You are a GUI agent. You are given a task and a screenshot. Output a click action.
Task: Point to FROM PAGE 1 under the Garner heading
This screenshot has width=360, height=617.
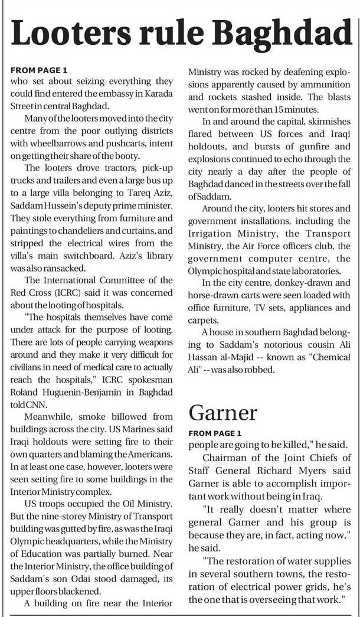point(215,433)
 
